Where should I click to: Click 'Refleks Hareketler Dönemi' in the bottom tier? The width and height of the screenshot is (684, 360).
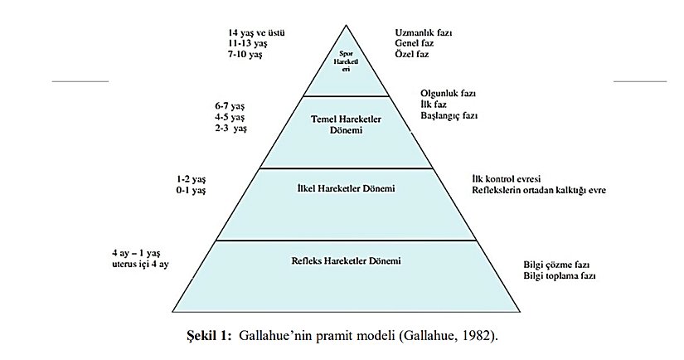click(347, 261)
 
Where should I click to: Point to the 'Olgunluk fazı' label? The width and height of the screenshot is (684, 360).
click(449, 94)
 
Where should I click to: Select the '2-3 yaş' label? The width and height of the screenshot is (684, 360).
click(230, 129)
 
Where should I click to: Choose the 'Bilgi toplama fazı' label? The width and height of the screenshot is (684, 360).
click(560, 275)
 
